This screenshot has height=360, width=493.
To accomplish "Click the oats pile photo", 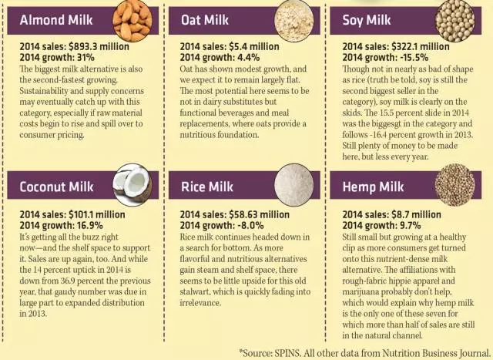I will tap(292, 21).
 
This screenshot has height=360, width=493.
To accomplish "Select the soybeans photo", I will tap(454, 20).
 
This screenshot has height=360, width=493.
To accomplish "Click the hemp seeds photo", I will tap(454, 185).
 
